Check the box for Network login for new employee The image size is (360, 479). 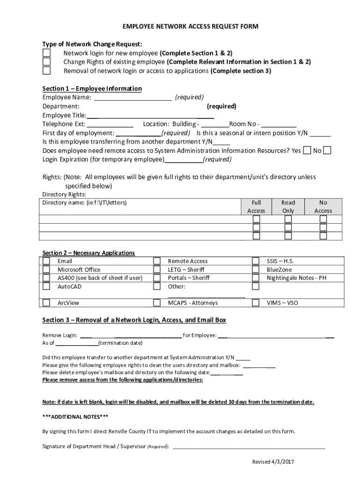click(46, 53)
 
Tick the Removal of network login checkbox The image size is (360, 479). click(46, 71)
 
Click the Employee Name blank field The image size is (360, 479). click(133, 97)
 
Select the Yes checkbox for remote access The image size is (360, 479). click(307, 150)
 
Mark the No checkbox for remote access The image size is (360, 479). click(327, 150)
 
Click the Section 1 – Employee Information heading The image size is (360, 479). click(92, 88)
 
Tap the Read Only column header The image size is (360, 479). click(288, 207)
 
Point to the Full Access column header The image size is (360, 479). click(256, 207)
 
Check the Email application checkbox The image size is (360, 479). click(46, 261)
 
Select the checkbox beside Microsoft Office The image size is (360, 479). click(46, 269)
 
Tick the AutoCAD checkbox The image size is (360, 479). click(46, 286)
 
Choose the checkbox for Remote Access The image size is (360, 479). click(157, 261)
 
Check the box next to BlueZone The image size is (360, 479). click(256, 269)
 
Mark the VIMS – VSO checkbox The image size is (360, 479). click(256, 303)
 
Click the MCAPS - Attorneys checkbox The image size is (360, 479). click(157, 303)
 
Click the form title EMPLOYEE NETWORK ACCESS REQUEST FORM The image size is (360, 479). click(190, 27)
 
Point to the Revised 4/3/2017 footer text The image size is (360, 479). click(273, 462)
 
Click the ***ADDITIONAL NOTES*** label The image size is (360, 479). click(75, 416)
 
